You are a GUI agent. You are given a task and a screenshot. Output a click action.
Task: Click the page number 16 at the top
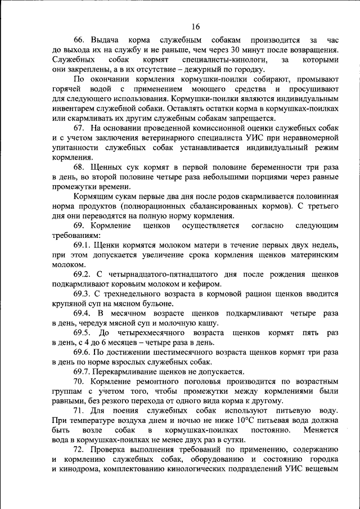[x=195, y=26]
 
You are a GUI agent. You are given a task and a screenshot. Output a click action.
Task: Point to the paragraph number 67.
[x=80, y=128]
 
